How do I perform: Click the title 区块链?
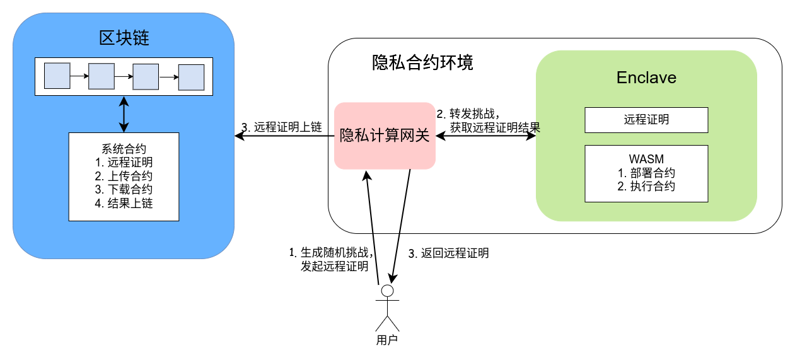click(124, 38)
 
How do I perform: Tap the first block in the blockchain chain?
click(57, 76)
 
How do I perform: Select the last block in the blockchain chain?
click(191, 78)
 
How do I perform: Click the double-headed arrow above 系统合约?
click(124, 114)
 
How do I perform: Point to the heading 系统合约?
click(124, 149)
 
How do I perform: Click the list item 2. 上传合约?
click(124, 177)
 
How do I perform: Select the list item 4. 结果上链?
click(124, 204)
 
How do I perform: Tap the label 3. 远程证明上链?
click(282, 127)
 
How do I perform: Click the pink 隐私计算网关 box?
click(385, 136)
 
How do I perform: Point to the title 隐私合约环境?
click(422, 63)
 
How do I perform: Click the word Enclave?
click(646, 78)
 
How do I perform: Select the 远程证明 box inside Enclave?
click(646, 120)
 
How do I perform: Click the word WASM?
click(646, 159)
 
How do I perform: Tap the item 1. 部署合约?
click(646, 173)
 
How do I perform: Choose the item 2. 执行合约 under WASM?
click(646, 187)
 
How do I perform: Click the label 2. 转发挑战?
click(468, 114)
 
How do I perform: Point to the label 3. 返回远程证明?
click(448, 254)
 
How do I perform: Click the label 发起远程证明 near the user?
click(335, 267)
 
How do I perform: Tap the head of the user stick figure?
click(388, 290)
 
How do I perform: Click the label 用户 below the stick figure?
click(387, 341)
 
